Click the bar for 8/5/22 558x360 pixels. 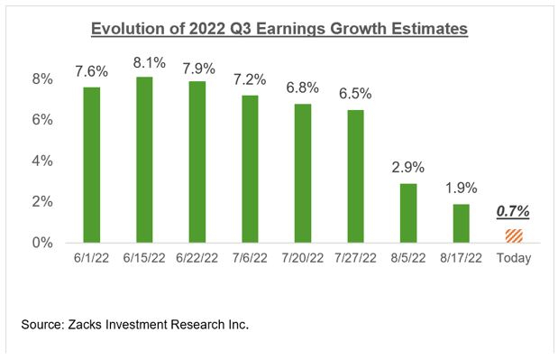[x=408, y=212]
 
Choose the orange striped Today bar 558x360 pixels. [x=512, y=235]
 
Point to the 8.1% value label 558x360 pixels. [x=150, y=63]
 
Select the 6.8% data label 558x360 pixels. [x=305, y=90]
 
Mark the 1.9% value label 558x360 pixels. [x=460, y=190]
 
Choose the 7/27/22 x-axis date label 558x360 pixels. [x=356, y=259]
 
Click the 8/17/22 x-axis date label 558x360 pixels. [x=460, y=259]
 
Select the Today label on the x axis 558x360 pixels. [x=512, y=259]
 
